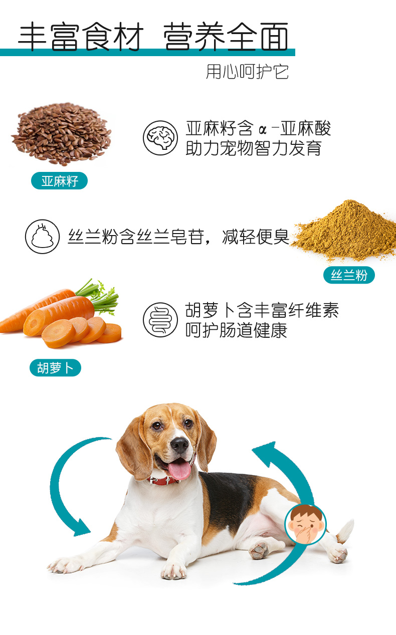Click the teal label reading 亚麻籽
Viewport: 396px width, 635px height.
click(59, 180)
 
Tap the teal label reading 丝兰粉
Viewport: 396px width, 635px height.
click(349, 275)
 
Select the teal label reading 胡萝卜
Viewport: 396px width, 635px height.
click(55, 368)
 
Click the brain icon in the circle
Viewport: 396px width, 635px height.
click(160, 138)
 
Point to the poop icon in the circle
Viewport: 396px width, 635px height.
click(43, 237)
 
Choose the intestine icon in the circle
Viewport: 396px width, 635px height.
click(160, 320)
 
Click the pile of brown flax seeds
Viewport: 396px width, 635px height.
click(61, 134)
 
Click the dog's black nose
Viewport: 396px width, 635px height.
click(179, 445)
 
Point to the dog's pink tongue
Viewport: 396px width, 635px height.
click(180, 469)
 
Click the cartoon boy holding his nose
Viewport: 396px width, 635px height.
click(306, 524)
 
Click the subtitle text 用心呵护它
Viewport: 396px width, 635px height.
click(247, 72)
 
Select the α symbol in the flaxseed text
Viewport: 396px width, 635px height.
click(263, 130)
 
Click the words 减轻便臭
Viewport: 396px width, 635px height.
click(255, 237)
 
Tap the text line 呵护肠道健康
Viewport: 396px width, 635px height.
click(236, 330)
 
